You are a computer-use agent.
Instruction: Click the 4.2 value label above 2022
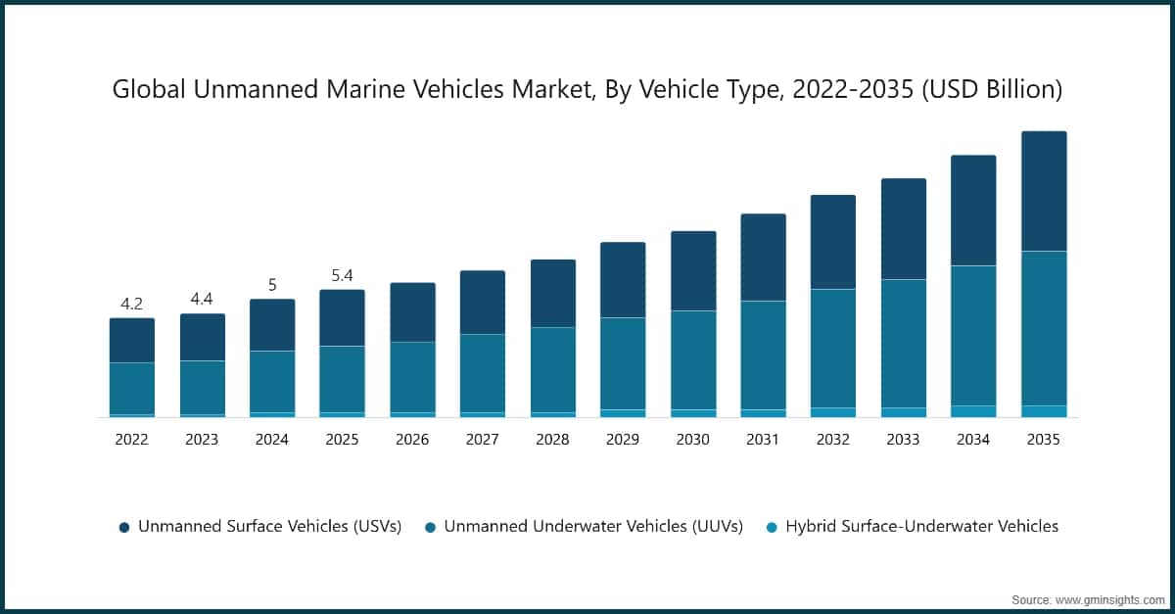click(131, 304)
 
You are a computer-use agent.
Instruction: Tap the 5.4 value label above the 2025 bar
click(342, 275)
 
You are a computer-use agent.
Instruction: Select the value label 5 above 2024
click(272, 285)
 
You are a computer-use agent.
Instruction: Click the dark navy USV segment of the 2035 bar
click(1043, 191)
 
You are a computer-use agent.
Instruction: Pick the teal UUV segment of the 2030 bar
click(692, 359)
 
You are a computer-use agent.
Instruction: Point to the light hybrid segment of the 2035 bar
click(1043, 411)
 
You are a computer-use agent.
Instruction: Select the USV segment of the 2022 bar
click(131, 340)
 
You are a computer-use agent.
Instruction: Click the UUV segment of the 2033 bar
click(903, 343)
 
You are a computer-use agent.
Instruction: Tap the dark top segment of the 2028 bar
click(552, 293)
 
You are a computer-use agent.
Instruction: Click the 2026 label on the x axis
click(412, 440)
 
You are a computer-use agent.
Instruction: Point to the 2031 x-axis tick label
click(763, 440)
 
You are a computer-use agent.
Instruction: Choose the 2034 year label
click(973, 440)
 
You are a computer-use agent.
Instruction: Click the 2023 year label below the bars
click(202, 440)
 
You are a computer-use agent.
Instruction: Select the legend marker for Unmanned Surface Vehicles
click(124, 527)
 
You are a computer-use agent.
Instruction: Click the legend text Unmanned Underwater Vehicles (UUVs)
click(593, 526)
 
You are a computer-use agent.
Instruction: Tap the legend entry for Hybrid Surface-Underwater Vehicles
click(921, 526)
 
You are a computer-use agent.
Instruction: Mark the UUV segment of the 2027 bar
click(483, 373)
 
